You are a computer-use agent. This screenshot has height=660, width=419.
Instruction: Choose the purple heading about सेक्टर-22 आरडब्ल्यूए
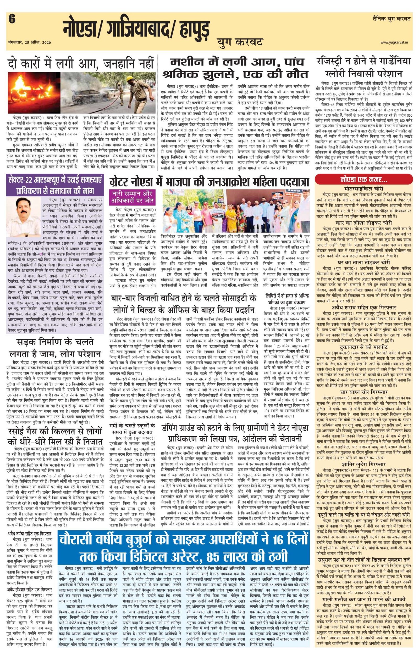pos(55,185)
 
